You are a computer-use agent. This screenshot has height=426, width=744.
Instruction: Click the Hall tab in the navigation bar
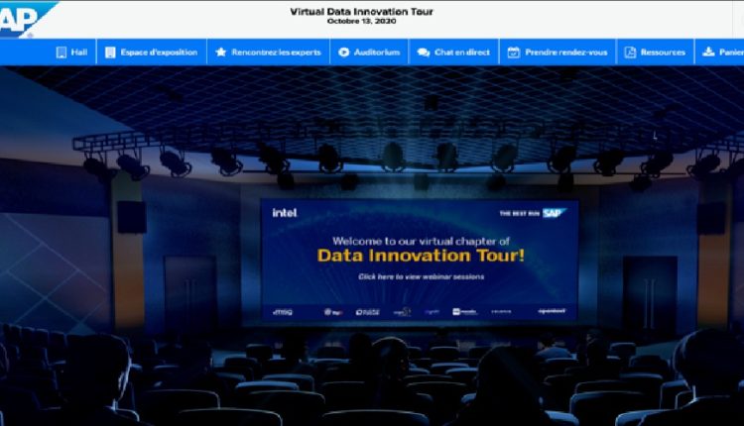70,52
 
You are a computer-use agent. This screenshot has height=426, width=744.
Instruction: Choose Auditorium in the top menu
369,52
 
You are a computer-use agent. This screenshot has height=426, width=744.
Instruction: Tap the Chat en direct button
453,52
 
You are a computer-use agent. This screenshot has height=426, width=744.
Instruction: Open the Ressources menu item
656,52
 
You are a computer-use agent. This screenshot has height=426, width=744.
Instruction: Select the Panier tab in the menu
724,52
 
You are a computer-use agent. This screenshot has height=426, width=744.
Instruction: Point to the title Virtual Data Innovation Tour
361,11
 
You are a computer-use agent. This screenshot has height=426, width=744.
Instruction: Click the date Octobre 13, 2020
361,21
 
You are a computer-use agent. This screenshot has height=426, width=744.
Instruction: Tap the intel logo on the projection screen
284,212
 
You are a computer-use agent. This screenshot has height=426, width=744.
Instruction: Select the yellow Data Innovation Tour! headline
422,256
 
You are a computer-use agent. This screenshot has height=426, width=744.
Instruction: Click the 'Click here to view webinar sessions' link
422,276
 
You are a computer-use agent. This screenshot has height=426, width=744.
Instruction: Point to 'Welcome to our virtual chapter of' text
422,240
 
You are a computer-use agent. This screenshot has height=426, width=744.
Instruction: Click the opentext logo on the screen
552,311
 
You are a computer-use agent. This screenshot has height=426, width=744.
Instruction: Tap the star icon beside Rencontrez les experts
221,52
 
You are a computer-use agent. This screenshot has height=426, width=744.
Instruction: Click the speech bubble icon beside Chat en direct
424,52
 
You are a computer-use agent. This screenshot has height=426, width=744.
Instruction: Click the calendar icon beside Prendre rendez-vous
514,52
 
